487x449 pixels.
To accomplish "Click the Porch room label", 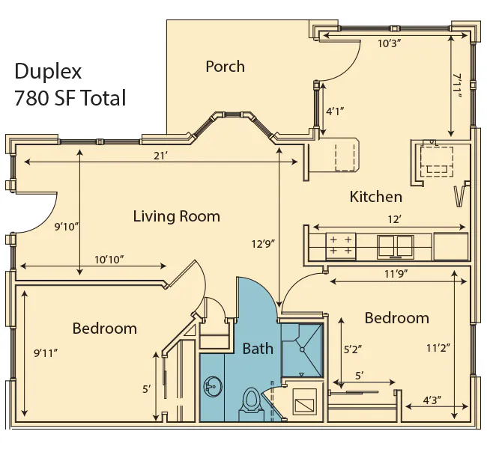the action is pyautogui.click(x=226, y=67).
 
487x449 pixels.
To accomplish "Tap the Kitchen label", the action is pyautogui.click(x=376, y=197).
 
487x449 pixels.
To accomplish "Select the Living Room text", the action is pyautogui.click(x=176, y=216).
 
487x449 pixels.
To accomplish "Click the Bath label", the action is pyautogui.click(x=258, y=349).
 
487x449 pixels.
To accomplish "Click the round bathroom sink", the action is pyautogui.click(x=213, y=387).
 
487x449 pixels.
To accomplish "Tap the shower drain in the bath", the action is pyautogui.click(x=302, y=349).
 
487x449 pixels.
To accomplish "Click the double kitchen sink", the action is pyautogui.click(x=396, y=247).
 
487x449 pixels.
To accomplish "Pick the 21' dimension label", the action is pyautogui.click(x=160, y=156).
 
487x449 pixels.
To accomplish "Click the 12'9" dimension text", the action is pyautogui.click(x=264, y=244).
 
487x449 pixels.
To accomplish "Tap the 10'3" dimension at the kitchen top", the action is pyautogui.click(x=387, y=43).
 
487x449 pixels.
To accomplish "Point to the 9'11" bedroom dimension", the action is pyautogui.click(x=46, y=352).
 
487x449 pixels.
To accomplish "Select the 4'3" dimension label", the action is pyautogui.click(x=432, y=400).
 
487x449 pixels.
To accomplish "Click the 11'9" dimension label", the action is pyautogui.click(x=396, y=274).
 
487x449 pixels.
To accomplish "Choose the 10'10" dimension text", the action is pyautogui.click(x=109, y=260).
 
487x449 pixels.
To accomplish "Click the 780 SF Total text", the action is pyautogui.click(x=70, y=98).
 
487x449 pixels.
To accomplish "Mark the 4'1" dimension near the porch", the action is pyautogui.click(x=335, y=111).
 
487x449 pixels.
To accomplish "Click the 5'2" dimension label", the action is pyautogui.click(x=353, y=349).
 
